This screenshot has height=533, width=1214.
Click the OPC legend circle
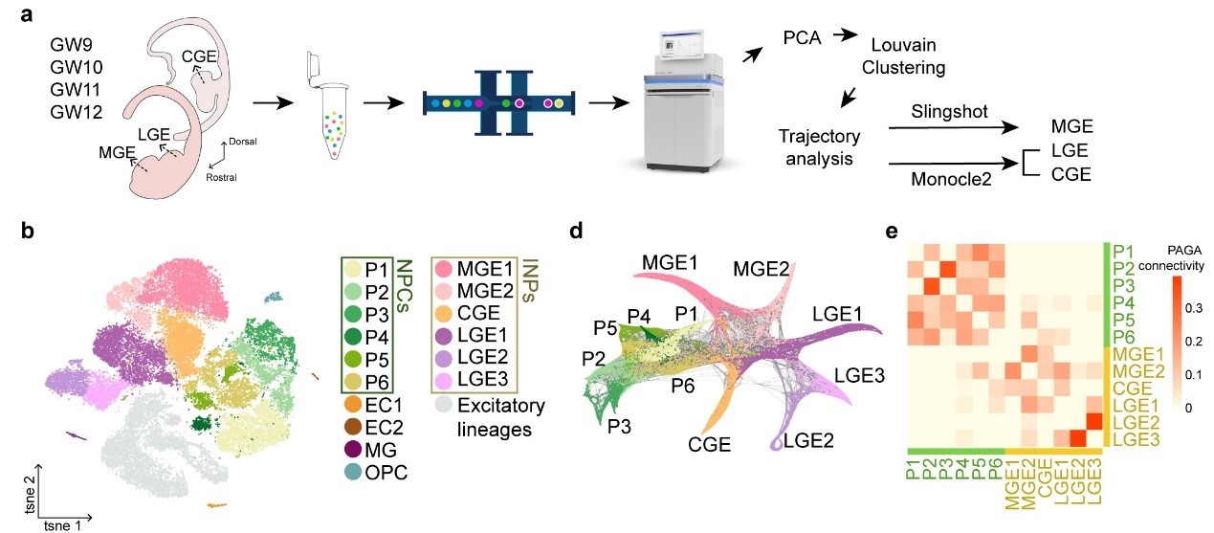click(x=351, y=473)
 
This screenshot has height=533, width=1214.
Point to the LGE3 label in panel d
click(x=859, y=376)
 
